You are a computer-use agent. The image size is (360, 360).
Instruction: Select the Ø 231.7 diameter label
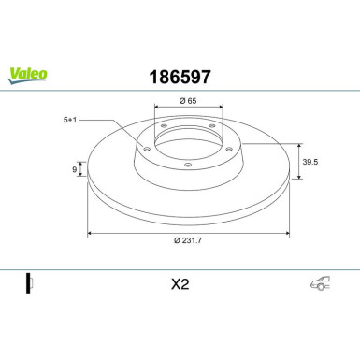click(x=191, y=242)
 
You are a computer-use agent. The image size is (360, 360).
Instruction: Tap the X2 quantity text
click(x=180, y=285)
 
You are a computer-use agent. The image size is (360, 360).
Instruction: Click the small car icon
click(x=320, y=285)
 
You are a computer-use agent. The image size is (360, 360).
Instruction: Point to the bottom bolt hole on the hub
click(x=187, y=165)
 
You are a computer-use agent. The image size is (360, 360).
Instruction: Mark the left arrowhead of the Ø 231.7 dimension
click(x=90, y=233)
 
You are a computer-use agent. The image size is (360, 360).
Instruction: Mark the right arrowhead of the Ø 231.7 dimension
click(x=285, y=233)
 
